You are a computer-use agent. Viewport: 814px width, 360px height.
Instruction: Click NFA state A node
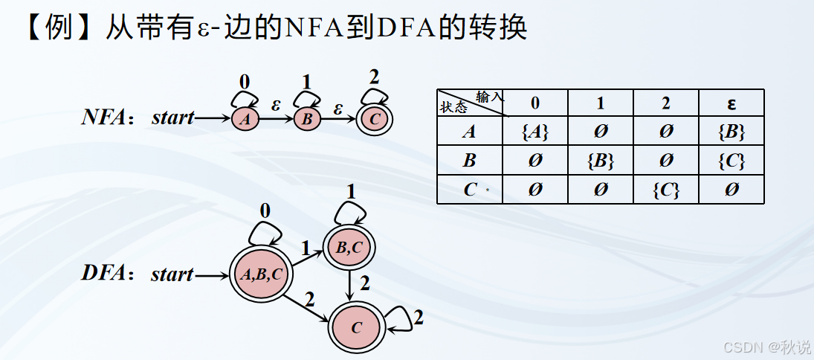coord(245,119)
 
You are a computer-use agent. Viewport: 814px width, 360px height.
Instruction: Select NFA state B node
coord(307,119)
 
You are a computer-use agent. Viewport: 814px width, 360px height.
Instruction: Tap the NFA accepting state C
coord(375,118)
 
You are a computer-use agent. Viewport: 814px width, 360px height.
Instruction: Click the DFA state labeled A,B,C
coord(259,274)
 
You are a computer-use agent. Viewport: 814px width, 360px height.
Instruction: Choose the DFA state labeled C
coord(357,327)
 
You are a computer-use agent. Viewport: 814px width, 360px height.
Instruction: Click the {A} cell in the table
coord(535,132)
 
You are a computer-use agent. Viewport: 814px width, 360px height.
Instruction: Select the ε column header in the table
coord(731,103)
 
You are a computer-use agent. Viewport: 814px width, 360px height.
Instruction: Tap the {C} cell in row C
coord(666,190)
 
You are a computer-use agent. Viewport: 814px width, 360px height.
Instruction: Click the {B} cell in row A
coord(731,132)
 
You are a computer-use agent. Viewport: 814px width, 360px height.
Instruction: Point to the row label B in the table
coord(470,161)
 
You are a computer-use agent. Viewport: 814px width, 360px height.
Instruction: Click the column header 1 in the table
coord(601,103)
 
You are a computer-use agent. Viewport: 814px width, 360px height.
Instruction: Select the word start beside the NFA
coord(172,118)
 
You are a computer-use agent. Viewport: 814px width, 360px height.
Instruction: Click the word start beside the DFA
coord(172,274)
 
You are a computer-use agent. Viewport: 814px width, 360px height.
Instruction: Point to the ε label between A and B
coord(275,106)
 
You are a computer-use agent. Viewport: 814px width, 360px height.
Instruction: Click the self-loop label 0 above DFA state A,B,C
coord(265,210)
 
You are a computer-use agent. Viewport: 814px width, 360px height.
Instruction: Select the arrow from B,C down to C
coord(349,285)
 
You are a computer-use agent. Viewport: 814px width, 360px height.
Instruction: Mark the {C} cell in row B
coord(731,161)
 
